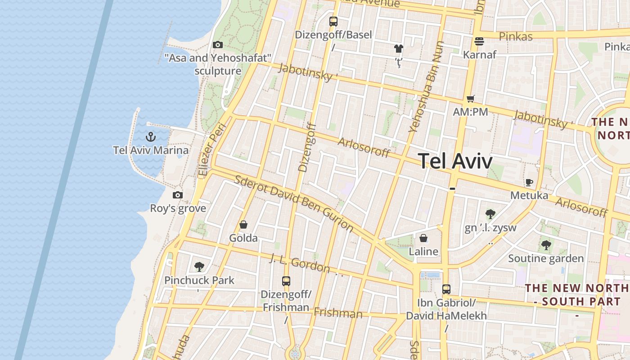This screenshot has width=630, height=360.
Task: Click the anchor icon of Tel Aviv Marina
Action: (x=151, y=137)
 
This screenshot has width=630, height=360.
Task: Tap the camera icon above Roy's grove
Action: (x=178, y=195)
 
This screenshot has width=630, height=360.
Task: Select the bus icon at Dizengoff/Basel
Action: (x=333, y=21)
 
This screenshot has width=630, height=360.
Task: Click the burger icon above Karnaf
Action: (x=479, y=41)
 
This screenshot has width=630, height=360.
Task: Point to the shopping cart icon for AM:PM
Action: (x=470, y=99)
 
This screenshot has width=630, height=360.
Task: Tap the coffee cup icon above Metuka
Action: (x=529, y=182)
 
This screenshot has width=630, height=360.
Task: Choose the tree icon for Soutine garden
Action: (x=546, y=245)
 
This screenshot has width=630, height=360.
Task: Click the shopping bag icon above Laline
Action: (x=423, y=238)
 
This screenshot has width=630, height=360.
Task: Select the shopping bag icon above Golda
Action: (x=243, y=224)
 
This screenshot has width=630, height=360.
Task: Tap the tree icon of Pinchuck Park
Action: (x=199, y=267)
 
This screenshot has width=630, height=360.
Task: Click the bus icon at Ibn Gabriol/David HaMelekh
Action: (x=446, y=289)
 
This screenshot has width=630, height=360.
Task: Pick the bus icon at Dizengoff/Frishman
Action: (x=286, y=281)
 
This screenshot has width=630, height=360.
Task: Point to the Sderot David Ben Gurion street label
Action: (x=294, y=203)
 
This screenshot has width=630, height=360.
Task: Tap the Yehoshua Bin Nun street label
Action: (x=426, y=86)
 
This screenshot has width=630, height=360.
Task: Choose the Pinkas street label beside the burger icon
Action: (x=516, y=36)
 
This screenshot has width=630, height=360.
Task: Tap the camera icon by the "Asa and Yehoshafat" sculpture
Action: (x=218, y=45)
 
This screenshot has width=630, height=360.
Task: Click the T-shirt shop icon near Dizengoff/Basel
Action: (x=398, y=49)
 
